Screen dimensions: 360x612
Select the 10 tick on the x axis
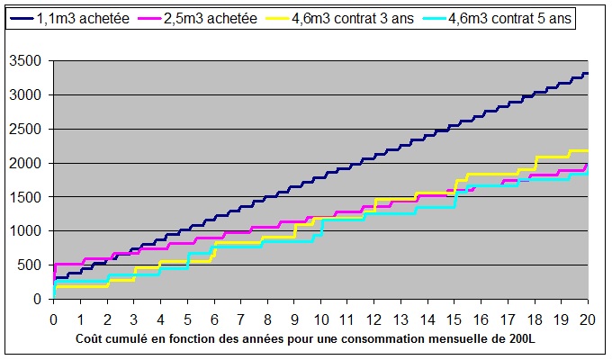pos(320,319)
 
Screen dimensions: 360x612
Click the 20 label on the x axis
pos(588,319)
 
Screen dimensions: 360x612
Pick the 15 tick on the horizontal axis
pos(454,319)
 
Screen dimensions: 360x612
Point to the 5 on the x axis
pos(187,319)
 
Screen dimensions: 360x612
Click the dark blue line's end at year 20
pos(587,74)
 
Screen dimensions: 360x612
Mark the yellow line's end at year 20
pos(587,150)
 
